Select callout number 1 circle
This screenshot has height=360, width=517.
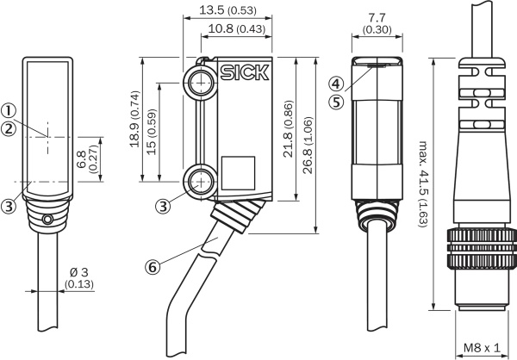[x=8, y=110]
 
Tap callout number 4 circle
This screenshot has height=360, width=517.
[x=336, y=84]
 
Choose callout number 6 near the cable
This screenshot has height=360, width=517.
[x=153, y=267]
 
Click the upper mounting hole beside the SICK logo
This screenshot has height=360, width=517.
[x=202, y=83]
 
